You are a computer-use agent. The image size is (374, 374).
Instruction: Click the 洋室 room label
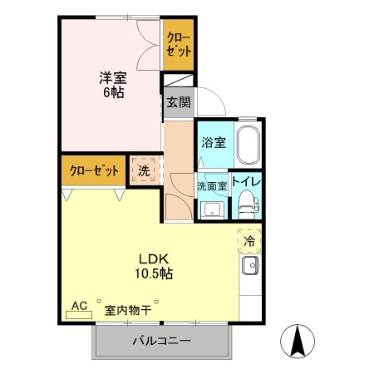tap(112, 78)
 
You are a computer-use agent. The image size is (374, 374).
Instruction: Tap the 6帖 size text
tap(113, 92)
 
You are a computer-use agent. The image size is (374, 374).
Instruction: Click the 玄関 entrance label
tap(177, 103)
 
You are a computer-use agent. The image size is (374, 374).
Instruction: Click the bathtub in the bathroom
tap(249, 146)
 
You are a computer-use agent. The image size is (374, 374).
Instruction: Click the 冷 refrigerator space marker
tap(249, 241)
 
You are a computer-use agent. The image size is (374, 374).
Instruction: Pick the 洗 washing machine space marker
tap(144, 171)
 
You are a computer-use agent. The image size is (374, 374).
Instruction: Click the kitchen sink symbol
tap(249, 267)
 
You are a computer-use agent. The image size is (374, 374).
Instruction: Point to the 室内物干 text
tap(127, 310)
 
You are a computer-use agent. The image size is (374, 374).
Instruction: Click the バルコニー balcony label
tap(161, 342)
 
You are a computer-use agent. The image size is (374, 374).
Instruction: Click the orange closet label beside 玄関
tap(179, 43)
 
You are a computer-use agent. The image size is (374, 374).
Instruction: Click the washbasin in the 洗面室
tap(211, 208)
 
